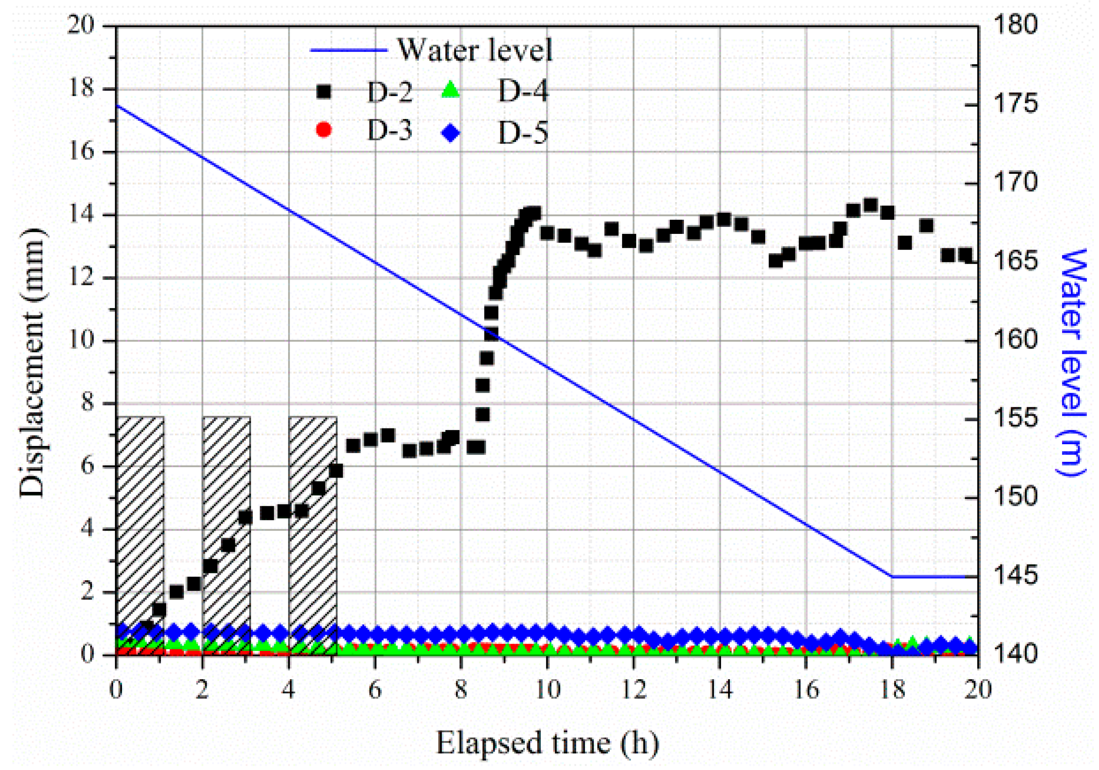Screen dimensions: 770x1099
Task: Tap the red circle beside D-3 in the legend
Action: coord(324,130)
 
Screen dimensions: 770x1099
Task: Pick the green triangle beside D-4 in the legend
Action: coord(450,91)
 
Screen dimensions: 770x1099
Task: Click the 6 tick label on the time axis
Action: coord(375,690)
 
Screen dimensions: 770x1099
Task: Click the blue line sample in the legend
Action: coord(348,50)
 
